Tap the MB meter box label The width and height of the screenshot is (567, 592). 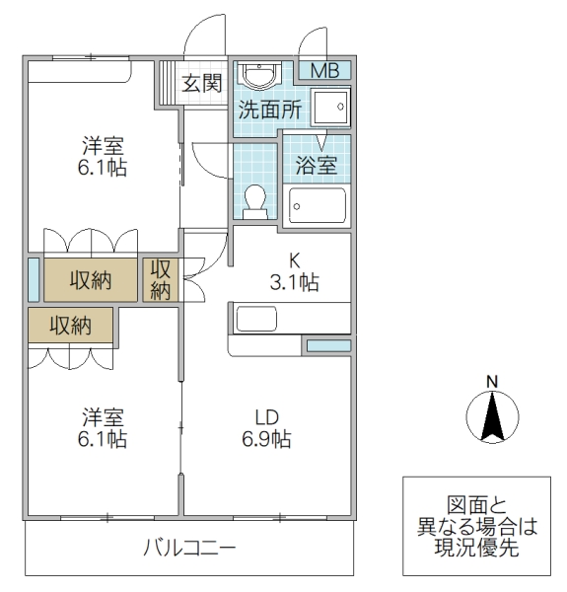coord(324,71)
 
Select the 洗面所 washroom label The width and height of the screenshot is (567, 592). coord(268,110)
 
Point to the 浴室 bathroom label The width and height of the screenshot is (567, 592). coord(317,165)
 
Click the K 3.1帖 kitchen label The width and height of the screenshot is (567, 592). coord(293,272)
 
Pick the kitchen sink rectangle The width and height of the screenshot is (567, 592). coord(257,319)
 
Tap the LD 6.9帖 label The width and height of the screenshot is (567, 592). coord(266,429)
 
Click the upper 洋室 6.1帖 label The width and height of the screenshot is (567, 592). coord(103,157)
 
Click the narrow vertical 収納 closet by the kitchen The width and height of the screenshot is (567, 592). coord(161,279)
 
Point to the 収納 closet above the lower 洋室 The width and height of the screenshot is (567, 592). coord(71,325)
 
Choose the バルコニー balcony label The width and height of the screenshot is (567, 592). coord(188,548)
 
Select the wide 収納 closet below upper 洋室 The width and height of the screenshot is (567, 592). coord(91,280)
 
